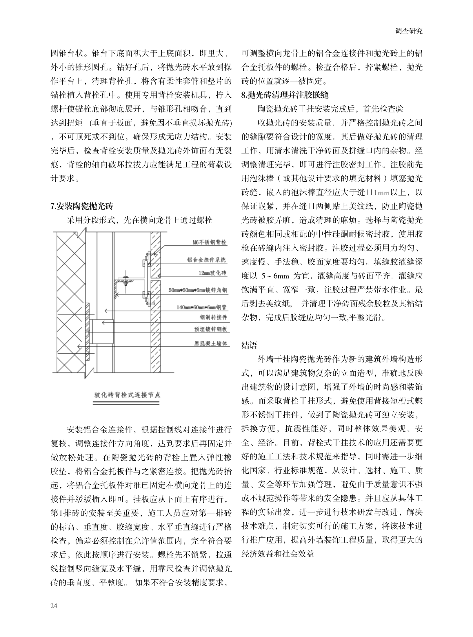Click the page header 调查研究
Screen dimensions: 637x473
409,32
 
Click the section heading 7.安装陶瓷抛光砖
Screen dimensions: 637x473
81,206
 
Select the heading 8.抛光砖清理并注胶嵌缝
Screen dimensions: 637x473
285,95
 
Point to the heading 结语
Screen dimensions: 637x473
249,345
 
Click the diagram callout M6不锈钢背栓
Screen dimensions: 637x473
210,242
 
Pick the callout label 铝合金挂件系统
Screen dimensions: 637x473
207,260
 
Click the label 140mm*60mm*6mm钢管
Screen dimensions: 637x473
201,307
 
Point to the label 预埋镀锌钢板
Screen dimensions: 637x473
211,329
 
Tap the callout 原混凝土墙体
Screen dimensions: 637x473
211,344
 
